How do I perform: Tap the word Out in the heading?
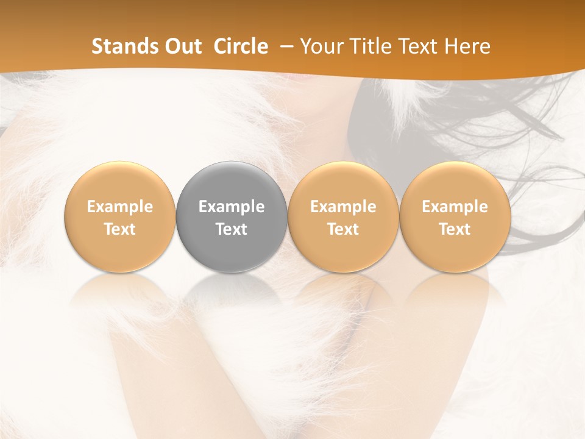tap(181, 46)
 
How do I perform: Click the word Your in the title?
tap(320, 46)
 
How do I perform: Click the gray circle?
tap(232, 183)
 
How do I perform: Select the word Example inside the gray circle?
tap(232, 207)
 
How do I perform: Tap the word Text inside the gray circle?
tap(232, 229)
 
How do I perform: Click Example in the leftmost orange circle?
tap(120, 207)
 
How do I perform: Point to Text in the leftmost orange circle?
tap(120, 229)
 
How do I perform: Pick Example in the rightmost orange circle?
tap(455, 207)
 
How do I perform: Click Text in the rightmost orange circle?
tap(455, 229)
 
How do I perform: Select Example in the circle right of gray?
tap(343, 207)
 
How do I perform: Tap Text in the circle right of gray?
tap(343, 229)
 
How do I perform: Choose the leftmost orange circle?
tap(120, 183)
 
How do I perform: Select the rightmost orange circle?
tap(455, 183)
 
